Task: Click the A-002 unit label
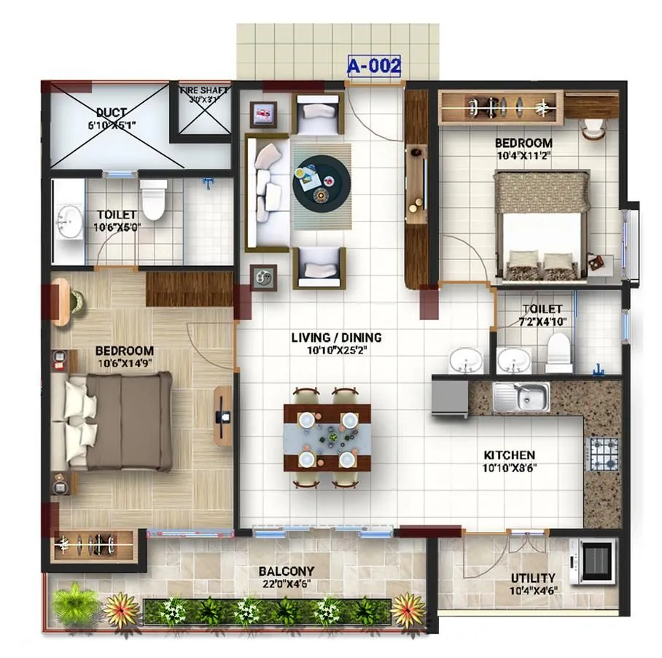pos(374,66)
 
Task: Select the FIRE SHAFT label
pos(204,91)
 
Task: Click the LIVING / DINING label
pos(336,337)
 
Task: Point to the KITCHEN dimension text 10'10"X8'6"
pos(510,468)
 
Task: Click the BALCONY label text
pos(287,571)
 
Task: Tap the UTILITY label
pos(532,578)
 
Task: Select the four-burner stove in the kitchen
pos(603,453)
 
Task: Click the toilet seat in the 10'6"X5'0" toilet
pos(154,200)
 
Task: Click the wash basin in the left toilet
pos(70,218)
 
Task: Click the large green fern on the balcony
pos(75,603)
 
